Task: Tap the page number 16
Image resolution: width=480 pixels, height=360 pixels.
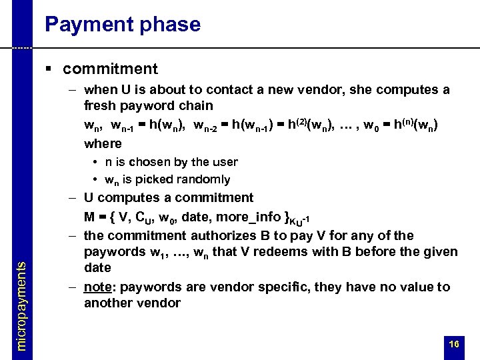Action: click(455, 344)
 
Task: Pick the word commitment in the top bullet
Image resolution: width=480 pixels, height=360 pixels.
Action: click(111, 69)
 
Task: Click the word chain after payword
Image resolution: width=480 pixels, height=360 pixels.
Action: click(197, 105)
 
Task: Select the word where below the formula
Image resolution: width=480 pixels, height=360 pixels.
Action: click(103, 143)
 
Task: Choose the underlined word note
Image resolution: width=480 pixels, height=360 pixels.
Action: click(98, 287)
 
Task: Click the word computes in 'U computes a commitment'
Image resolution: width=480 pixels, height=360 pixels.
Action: click(123, 198)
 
